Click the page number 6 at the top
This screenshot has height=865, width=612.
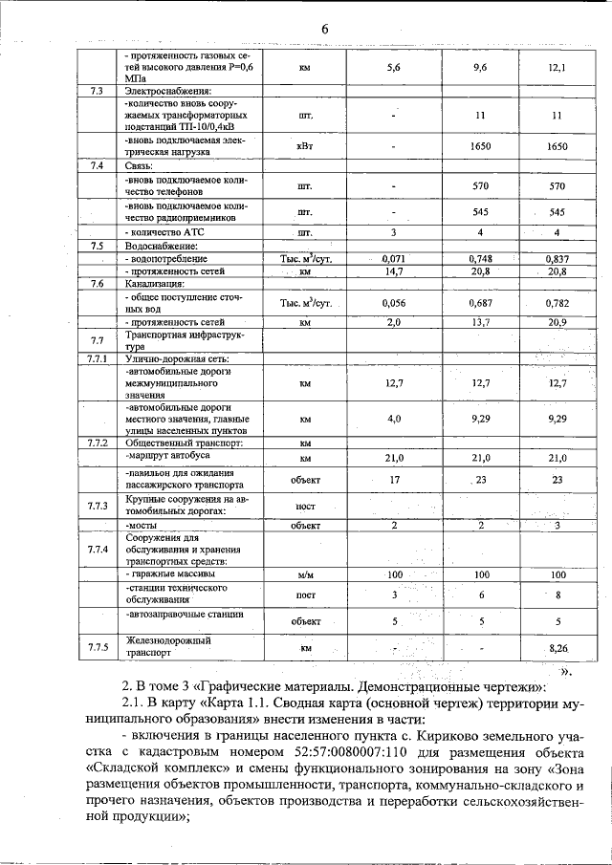(x=324, y=30)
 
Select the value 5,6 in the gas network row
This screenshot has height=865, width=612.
(x=393, y=69)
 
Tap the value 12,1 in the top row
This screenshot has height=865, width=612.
(x=557, y=69)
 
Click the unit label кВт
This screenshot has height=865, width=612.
(x=305, y=146)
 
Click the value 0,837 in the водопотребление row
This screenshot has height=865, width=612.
(x=557, y=259)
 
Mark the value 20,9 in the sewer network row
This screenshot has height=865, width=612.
(x=557, y=323)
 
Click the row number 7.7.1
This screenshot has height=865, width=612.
(x=97, y=358)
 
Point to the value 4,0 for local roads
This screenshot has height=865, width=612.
(x=393, y=419)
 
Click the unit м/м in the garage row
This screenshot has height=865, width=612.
(x=305, y=575)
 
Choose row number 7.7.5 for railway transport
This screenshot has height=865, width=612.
(x=97, y=648)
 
